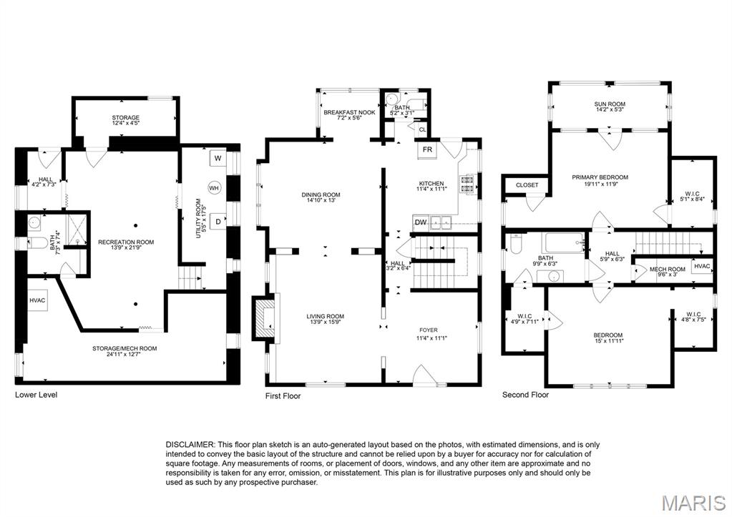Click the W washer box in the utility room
point(217,158)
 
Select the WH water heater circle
point(213,188)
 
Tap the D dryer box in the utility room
point(217,222)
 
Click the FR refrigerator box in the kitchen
point(427,150)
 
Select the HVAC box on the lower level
point(38,300)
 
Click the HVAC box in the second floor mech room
point(702,267)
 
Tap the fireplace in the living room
point(263,315)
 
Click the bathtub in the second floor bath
point(565,243)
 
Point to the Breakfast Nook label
point(349,112)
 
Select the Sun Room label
point(609,104)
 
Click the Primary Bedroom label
point(600,177)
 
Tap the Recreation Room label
point(126,242)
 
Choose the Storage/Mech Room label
point(124,348)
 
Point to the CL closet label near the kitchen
point(422,130)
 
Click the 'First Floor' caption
point(283,395)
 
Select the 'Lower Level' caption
point(36,395)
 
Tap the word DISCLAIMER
point(189,445)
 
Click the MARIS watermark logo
point(692,502)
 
